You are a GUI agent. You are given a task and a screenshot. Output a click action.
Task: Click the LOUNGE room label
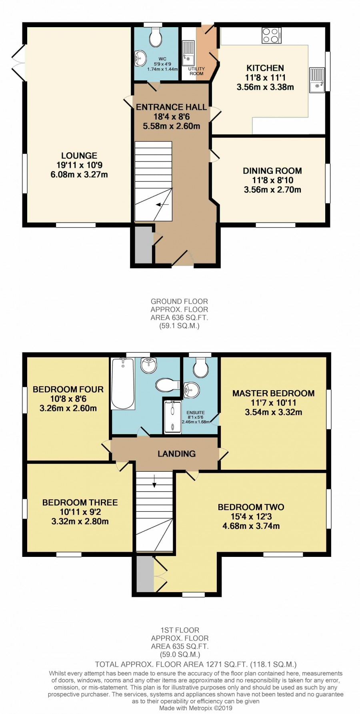pos(79,156)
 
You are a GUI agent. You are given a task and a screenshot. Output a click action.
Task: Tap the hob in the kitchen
pos(272,35)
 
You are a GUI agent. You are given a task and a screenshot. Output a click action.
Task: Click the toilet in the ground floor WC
pos(155,37)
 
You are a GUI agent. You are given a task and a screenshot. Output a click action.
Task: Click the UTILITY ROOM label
pos(196,71)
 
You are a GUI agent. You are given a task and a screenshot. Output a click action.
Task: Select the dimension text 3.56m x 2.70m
pos(272,189)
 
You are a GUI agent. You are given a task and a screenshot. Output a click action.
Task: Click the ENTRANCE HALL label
pos(171,107)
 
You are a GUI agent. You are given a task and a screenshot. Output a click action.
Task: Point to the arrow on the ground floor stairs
pos(162,205)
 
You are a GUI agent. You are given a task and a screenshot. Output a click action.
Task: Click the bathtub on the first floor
pos(123,383)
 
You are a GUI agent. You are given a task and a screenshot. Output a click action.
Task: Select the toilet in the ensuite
pos(200,367)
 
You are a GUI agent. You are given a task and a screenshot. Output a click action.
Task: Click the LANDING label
pos(176,454)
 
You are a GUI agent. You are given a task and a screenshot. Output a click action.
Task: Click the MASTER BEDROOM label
pos(274,393)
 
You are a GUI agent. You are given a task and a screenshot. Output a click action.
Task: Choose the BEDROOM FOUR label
pos(68,389)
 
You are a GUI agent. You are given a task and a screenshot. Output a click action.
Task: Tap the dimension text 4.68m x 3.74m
pos(251,526)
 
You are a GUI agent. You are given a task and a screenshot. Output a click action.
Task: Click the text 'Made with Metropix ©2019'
pos(196,708)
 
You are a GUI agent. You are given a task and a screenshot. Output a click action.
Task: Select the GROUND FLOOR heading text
pos(179,301)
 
